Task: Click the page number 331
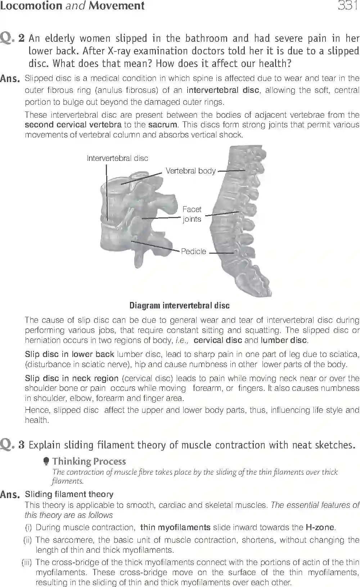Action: [x=347, y=5]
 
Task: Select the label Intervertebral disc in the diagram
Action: [x=117, y=158]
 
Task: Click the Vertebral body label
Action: [x=190, y=171]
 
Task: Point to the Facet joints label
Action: [x=192, y=214]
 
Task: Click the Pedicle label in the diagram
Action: [x=193, y=252]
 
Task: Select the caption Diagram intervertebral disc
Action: [x=179, y=306]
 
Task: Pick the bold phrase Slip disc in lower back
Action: [x=69, y=355]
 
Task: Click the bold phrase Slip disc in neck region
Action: [x=72, y=379]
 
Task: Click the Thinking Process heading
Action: [x=89, y=461]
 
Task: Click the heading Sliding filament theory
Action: [x=69, y=495]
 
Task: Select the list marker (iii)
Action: [x=27, y=562]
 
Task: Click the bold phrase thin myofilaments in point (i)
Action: [x=175, y=528]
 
